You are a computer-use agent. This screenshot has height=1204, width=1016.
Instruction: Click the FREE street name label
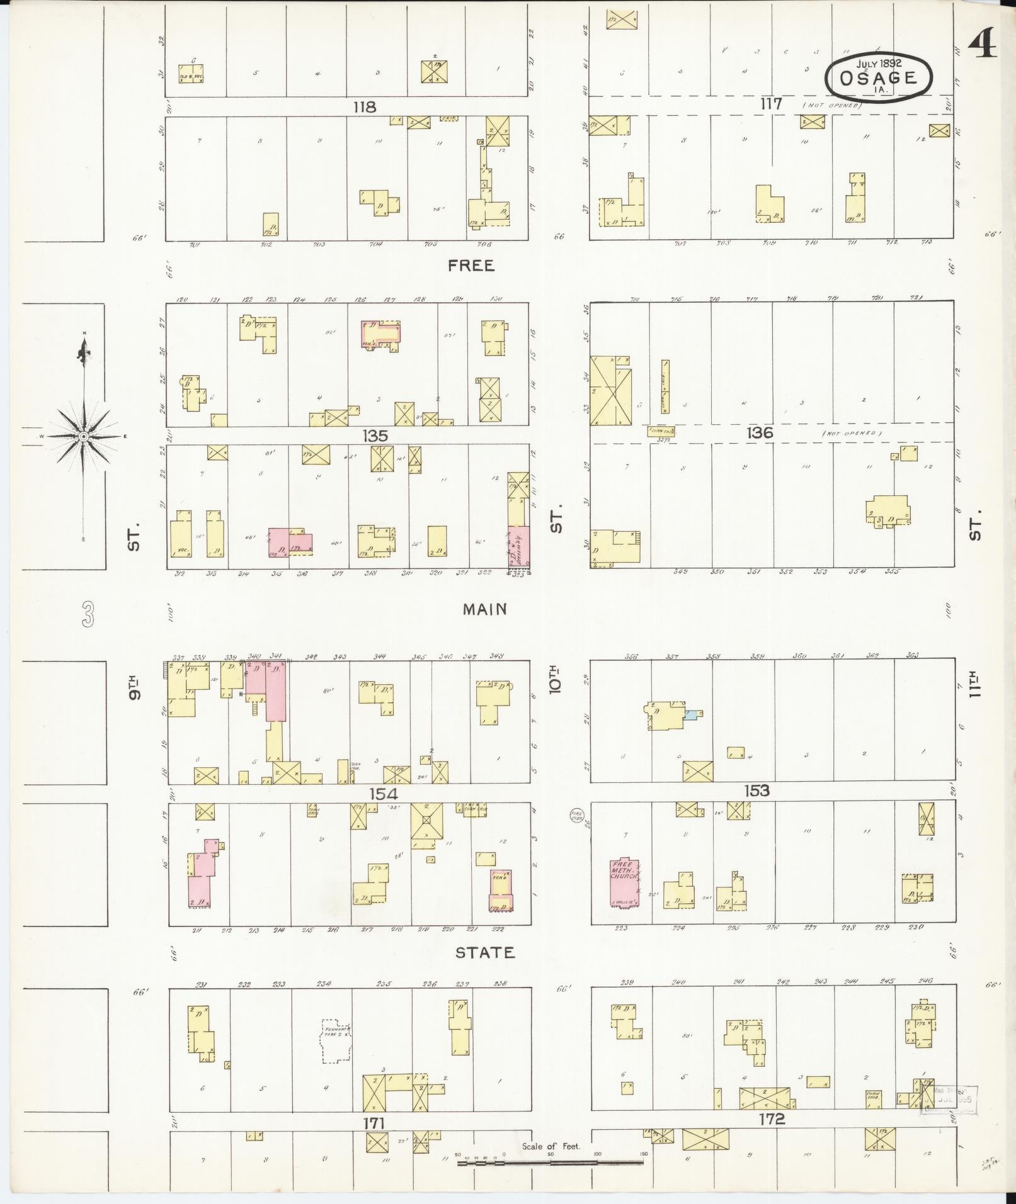(x=471, y=266)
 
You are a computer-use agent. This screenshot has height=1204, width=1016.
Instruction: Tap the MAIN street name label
(x=484, y=609)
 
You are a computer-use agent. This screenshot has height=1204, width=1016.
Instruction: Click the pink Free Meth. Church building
(x=624, y=882)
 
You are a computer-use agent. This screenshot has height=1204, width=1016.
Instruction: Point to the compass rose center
(x=83, y=436)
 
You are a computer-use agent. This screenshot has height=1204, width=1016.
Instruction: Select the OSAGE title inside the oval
(x=878, y=78)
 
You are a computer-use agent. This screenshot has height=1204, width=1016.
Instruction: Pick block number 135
(x=375, y=436)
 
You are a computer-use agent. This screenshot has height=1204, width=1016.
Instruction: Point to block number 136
(x=759, y=433)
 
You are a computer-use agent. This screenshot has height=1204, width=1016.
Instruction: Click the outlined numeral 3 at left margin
(x=88, y=614)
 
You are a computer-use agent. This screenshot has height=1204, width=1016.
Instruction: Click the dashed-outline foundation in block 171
(x=335, y=1042)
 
